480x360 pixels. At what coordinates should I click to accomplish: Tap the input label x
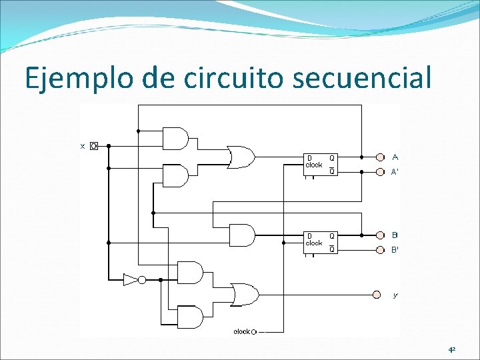[83, 145]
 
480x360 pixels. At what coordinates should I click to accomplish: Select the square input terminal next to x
[94, 145]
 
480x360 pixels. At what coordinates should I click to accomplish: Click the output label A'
[395, 171]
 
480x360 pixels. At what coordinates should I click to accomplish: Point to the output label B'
[395, 250]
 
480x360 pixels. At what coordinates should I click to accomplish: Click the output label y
[395, 295]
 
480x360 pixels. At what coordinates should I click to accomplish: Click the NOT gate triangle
[131, 279]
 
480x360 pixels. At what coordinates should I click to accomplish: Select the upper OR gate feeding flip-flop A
[240, 157]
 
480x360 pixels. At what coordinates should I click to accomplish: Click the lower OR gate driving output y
[244, 294]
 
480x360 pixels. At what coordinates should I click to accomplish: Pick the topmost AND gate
[175, 139]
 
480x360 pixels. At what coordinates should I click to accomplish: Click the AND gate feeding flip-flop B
[241, 235]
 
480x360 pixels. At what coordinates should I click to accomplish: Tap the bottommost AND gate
[190, 317]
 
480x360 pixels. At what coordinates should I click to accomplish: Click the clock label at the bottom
[241, 331]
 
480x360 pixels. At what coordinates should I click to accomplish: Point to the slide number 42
[452, 349]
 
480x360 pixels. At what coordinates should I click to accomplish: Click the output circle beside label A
[380, 157]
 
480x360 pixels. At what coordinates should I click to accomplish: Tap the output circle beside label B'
[380, 250]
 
